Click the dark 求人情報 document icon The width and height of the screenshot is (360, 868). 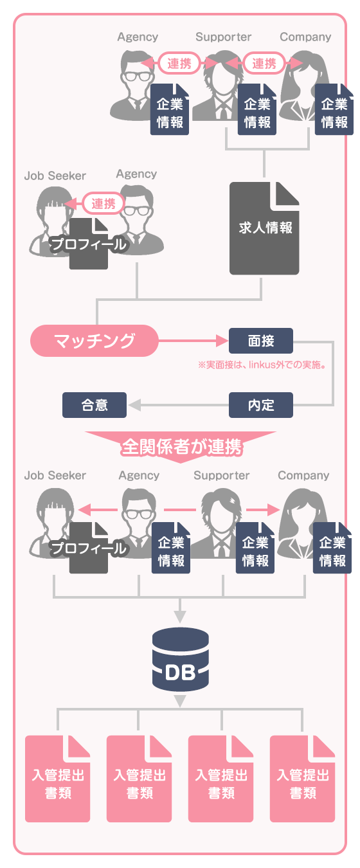pos(264,228)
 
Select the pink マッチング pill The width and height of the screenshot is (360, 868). pos(94,341)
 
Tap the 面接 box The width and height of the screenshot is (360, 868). pos(261,341)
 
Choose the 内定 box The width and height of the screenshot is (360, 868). pos(261,405)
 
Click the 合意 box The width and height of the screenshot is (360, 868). pos(94,405)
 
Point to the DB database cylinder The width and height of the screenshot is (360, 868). pos(181,660)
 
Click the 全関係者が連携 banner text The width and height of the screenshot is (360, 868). pos(181,447)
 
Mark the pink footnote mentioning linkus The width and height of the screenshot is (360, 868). pos(262,365)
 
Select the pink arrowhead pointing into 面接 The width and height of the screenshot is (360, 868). pos(222,341)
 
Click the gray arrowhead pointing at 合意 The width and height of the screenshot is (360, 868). pos(134,405)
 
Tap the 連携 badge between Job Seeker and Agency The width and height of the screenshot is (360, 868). pos(104,203)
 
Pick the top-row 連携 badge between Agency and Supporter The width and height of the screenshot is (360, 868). pos(179,63)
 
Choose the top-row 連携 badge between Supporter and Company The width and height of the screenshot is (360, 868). pos(264,63)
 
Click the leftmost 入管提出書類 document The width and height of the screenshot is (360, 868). pos(58,779)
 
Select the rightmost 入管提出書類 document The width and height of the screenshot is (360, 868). pos(303,779)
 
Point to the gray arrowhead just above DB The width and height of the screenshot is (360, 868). pos(180,617)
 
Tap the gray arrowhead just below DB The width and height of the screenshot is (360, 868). pos(180,701)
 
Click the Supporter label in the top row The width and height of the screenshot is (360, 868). pos(223,37)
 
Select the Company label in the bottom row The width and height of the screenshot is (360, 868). pos(303,475)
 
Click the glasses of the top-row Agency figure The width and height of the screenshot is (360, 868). pos(137,76)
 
